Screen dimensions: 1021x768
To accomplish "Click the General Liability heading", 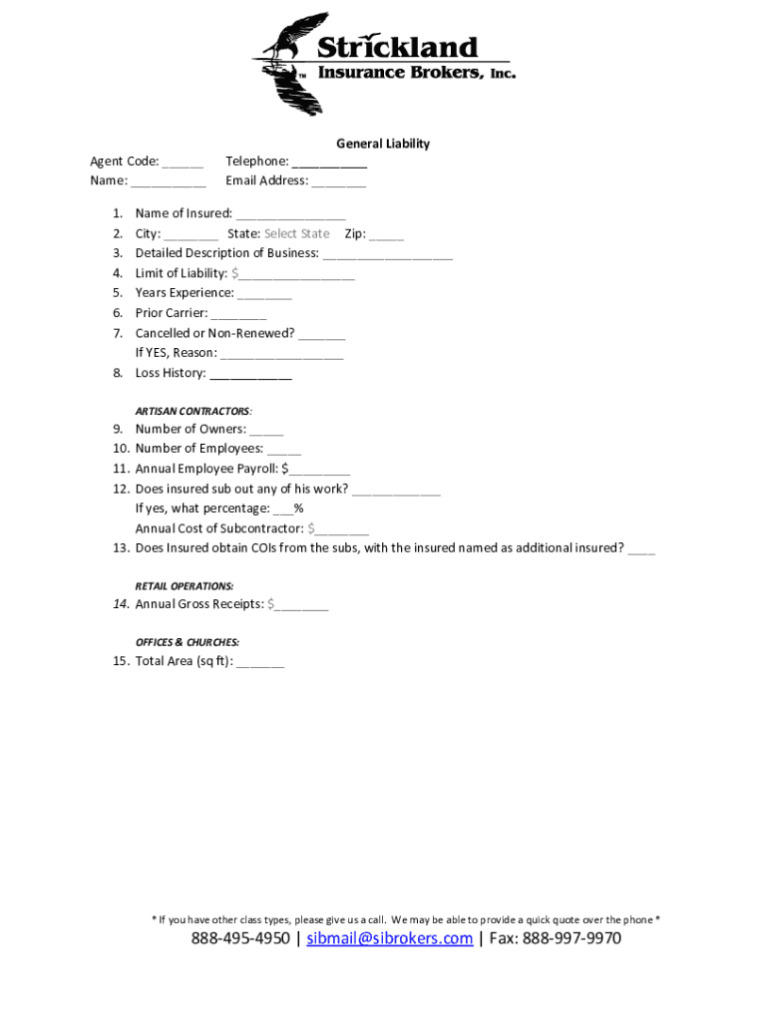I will [x=382, y=144].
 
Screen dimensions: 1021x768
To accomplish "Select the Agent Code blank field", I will [x=183, y=163].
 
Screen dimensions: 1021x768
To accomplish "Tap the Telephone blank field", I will [x=329, y=163].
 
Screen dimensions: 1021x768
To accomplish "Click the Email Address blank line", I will [x=338, y=182].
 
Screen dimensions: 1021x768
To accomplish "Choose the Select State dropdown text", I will [x=296, y=234].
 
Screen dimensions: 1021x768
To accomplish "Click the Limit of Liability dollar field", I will [x=295, y=274].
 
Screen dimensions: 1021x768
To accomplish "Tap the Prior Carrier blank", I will [x=238, y=314].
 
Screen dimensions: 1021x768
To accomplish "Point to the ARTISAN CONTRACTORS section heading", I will [x=193, y=411].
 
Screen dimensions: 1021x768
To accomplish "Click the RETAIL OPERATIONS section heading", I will [x=185, y=586].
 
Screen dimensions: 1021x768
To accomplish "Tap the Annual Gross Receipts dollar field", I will [x=301, y=605].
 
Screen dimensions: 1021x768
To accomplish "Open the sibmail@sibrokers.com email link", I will [x=389, y=938].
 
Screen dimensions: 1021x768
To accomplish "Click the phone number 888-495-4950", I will [x=240, y=938].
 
